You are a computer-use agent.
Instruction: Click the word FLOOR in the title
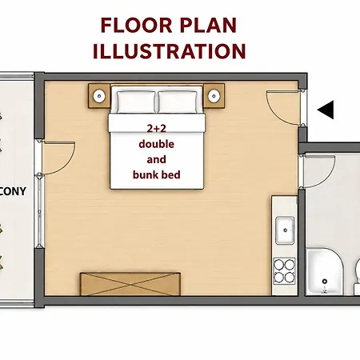pos(137,26)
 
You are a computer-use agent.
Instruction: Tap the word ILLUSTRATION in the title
pos(170,51)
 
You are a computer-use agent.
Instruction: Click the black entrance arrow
pos(326,110)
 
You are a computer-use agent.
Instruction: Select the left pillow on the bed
pos(136,102)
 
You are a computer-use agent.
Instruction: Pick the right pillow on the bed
pos(178,102)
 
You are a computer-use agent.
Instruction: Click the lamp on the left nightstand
pos(99,96)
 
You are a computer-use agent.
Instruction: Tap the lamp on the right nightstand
pos(214,96)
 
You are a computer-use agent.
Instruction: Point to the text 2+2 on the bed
pos(157,129)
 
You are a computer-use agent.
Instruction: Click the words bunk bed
pos(157,175)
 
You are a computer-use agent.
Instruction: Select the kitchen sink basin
pos(285,230)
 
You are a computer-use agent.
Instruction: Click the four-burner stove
pos(284,271)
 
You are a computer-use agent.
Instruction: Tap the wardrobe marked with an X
pos(130,284)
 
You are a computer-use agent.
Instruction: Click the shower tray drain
pos(325,281)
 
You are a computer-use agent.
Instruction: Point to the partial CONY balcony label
pos(13,191)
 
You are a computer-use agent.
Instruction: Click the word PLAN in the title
pos(208,26)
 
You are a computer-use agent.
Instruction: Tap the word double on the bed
pos(157,144)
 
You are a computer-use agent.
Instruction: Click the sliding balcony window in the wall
pos(39,211)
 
